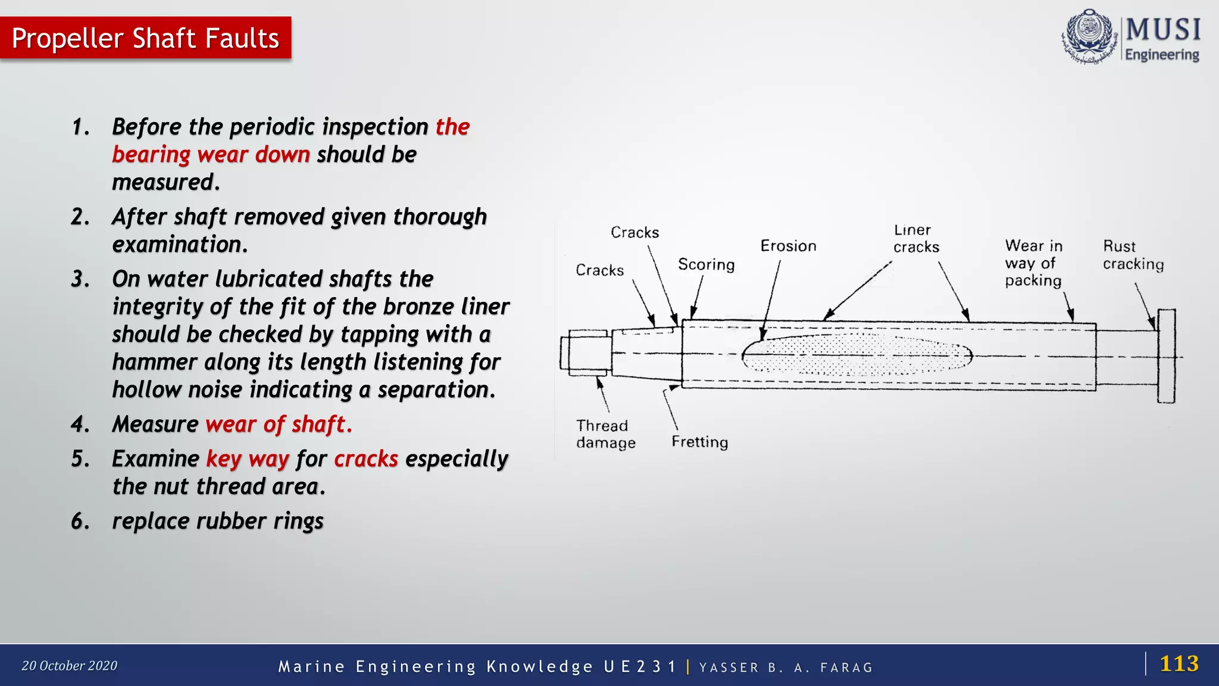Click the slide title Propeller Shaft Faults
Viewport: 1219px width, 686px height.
tap(145, 38)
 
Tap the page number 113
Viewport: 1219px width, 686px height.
tap(1179, 663)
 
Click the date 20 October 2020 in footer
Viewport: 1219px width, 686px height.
tap(70, 666)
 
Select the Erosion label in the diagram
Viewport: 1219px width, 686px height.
tap(788, 246)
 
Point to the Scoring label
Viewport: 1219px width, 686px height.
tap(706, 264)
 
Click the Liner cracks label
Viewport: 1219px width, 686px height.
tap(915, 238)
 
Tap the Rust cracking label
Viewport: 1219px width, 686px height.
tap(1133, 255)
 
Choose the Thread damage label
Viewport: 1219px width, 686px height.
tap(605, 434)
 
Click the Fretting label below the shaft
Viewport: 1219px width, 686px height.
tap(699, 442)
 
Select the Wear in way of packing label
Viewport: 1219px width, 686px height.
tap(1033, 263)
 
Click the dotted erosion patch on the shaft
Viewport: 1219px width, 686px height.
tap(857, 356)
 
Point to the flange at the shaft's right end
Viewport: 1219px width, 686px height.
tap(1166, 356)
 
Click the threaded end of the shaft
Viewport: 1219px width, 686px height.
tap(586, 353)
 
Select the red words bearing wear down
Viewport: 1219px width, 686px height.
tap(211, 155)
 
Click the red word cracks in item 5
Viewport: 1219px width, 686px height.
tap(365, 459)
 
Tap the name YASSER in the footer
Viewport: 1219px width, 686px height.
tap(729, 668)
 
